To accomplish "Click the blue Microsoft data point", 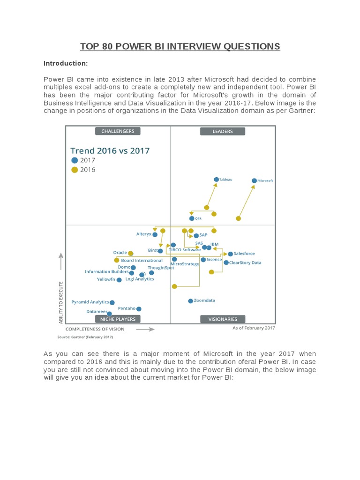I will click(x=254, y=180).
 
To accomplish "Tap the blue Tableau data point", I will click(x=216, y=179).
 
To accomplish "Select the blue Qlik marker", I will click(x=192, y=218).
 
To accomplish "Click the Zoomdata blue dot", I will click(x=190, y=301).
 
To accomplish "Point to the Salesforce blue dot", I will click(x=230, y=254).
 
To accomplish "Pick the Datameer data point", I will click(x=109, y=313).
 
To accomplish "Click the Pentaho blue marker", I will click(x=139, y=309).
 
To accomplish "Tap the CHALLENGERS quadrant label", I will click(x=118, y=131).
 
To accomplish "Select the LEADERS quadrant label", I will click(x=223, y=131).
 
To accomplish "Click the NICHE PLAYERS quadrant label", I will click(x=118, y=319).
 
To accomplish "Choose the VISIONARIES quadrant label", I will click(x=223, y=319).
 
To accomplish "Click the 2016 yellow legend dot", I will click(x=75, y=170).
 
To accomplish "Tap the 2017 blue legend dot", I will click(x=75, y=160).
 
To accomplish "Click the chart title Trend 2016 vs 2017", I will click(x=110, y=150).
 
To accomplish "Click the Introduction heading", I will click(x=66, y=63).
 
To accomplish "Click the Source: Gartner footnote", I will click(x=85, y=337).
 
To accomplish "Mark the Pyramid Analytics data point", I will click(x=112, y=303).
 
